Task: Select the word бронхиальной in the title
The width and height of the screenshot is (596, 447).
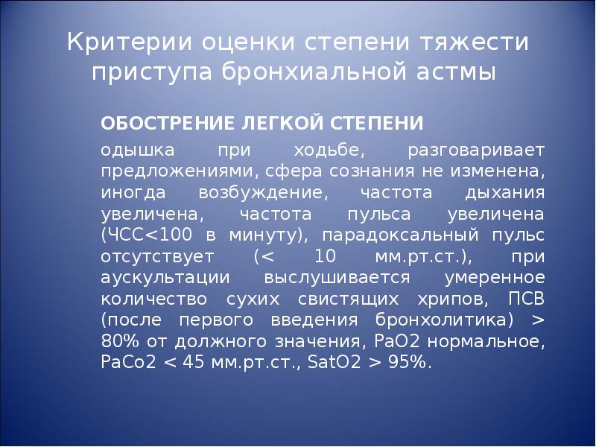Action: [x=323, y=74]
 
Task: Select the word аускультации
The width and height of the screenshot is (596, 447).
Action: [x=158, y=278]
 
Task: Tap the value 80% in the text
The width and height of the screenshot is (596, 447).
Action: [x=118, y=342]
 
